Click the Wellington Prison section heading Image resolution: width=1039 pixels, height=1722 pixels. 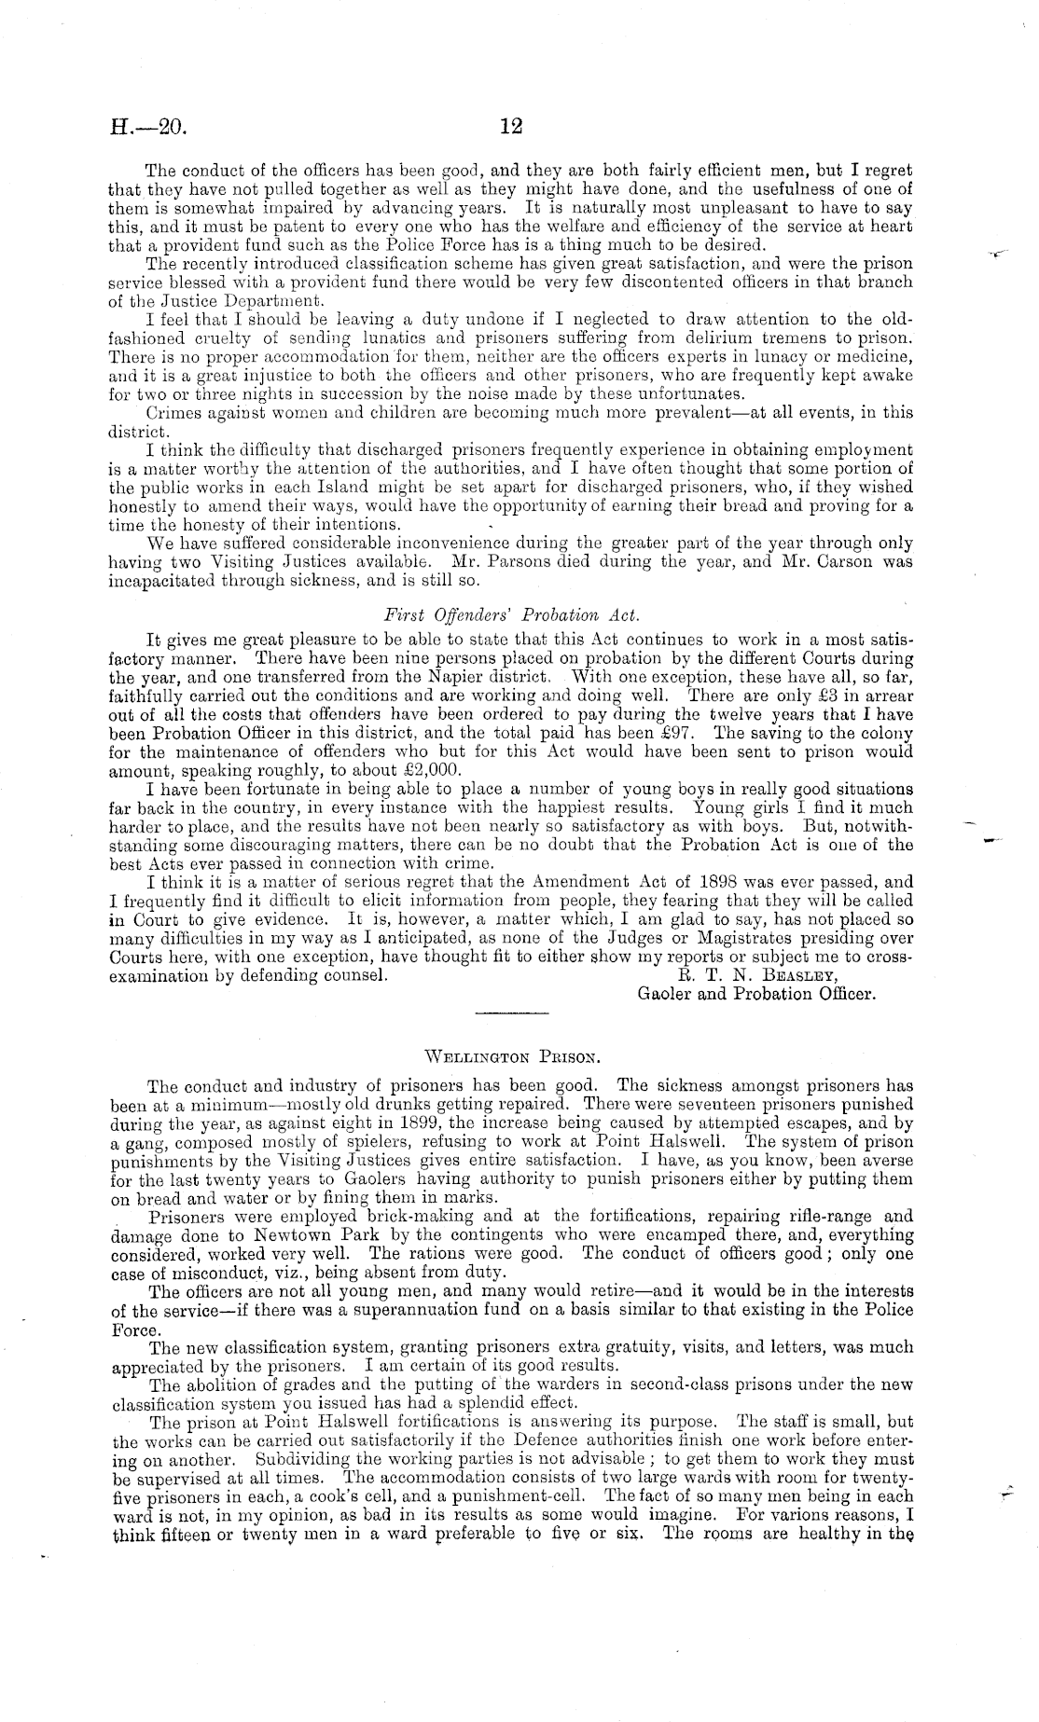pos(511,1057)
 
